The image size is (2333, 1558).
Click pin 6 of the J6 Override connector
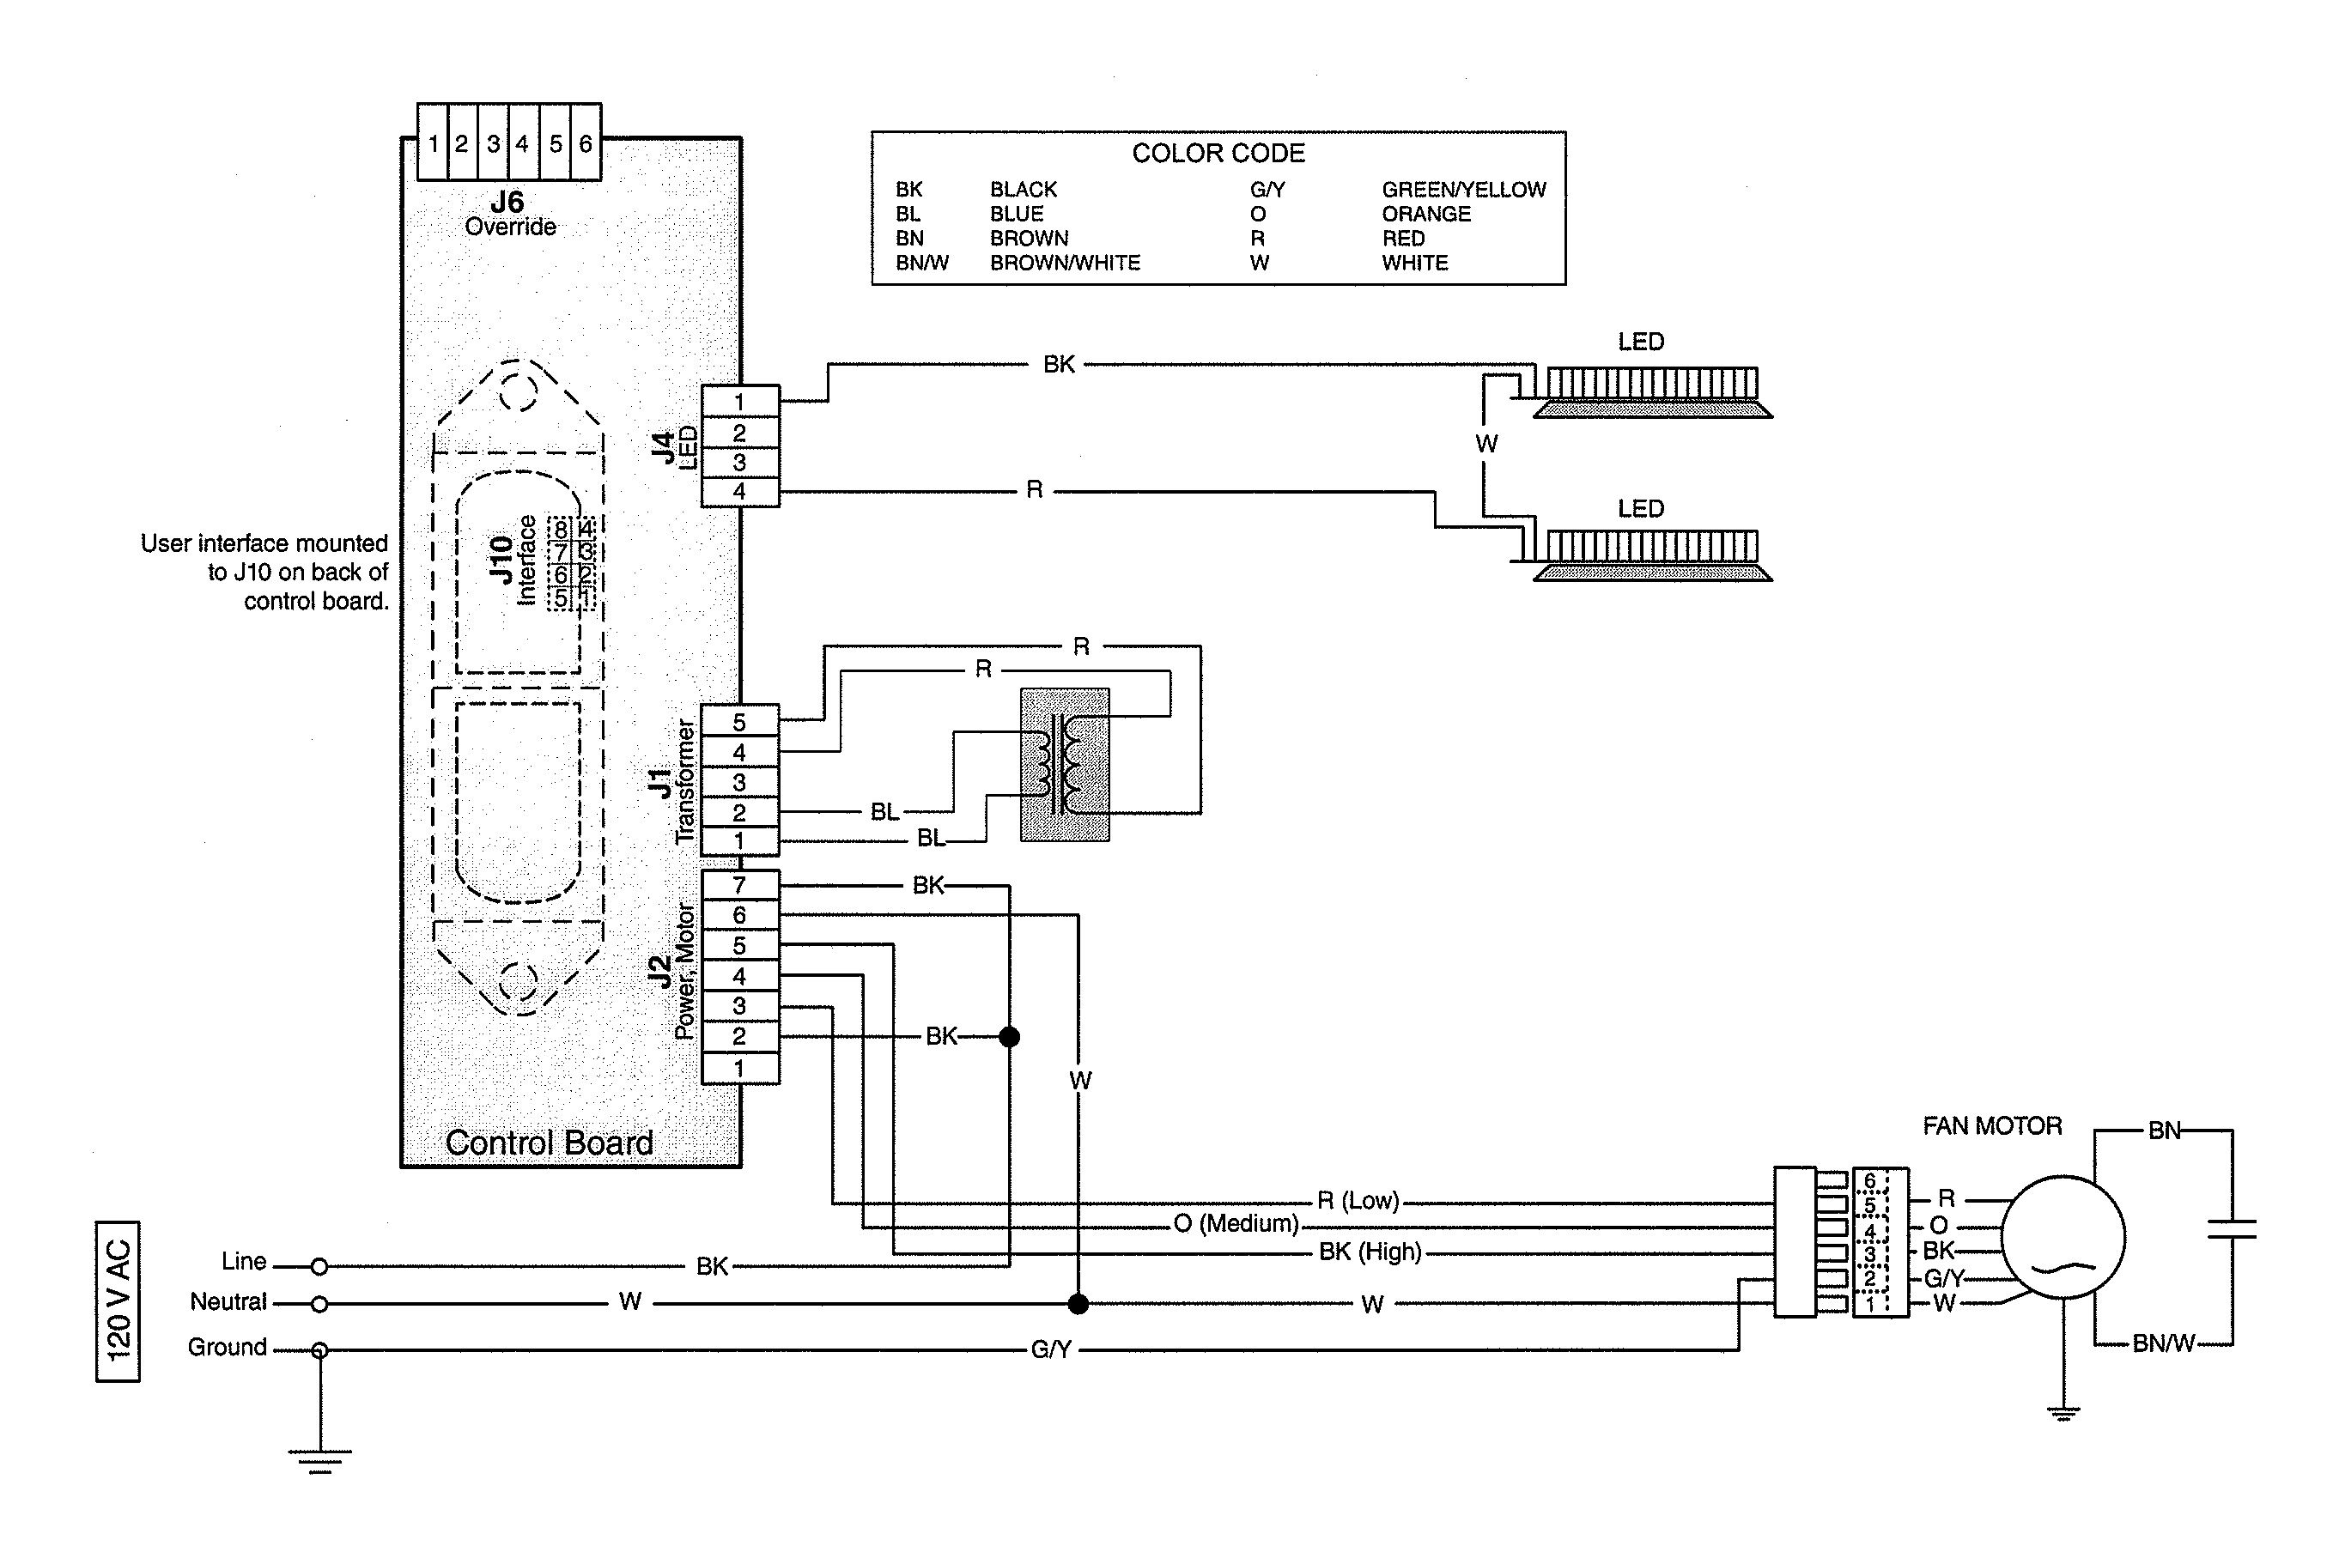[586, 144]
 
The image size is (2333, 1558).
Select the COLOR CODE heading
[1218, 153]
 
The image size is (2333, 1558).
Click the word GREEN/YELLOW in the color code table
[1463, 190]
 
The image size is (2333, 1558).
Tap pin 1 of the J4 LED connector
[739, 403]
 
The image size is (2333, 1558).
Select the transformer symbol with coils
[1065, 765]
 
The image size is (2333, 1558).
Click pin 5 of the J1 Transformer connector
[739, 723]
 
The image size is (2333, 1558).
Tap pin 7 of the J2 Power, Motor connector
[739, 885]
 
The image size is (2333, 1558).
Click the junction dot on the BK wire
[1009, 1037]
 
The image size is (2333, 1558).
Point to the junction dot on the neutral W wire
[1078, 1304]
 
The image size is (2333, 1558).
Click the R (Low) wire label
[1358, 1201]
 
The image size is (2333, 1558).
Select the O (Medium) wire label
[1236, 1223]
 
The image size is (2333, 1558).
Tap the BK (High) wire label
[1370, 1252]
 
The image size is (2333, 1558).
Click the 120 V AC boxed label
[118, 1300]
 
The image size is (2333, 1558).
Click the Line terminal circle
[319, 1267]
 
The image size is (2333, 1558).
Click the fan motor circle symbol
[2063, 1237]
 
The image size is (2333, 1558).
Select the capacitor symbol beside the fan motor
[2232, 1230]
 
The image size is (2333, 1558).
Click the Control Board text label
[549, 1143]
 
